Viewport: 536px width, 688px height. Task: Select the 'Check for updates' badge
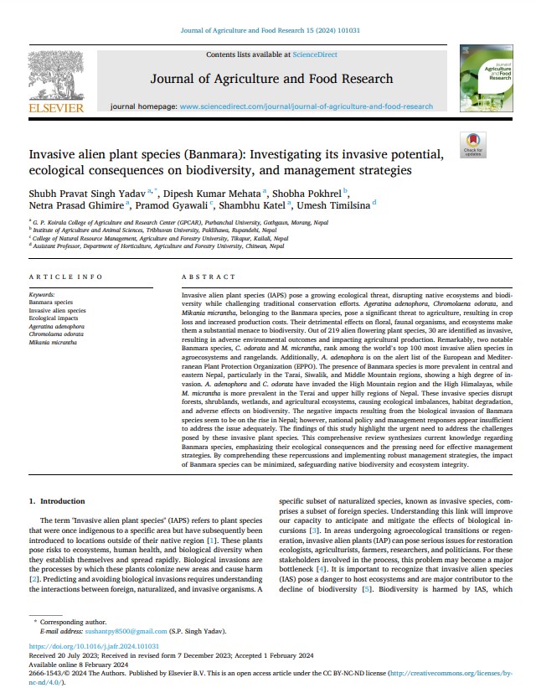pos(472,145)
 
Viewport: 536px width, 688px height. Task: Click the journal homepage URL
pos(307,107)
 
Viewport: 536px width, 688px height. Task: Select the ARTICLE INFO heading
pos(65,277)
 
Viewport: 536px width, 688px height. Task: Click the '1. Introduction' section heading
pos(57,501)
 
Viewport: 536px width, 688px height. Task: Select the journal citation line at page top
pos(270,31)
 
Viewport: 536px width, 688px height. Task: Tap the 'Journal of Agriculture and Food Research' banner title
pos(270,79)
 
